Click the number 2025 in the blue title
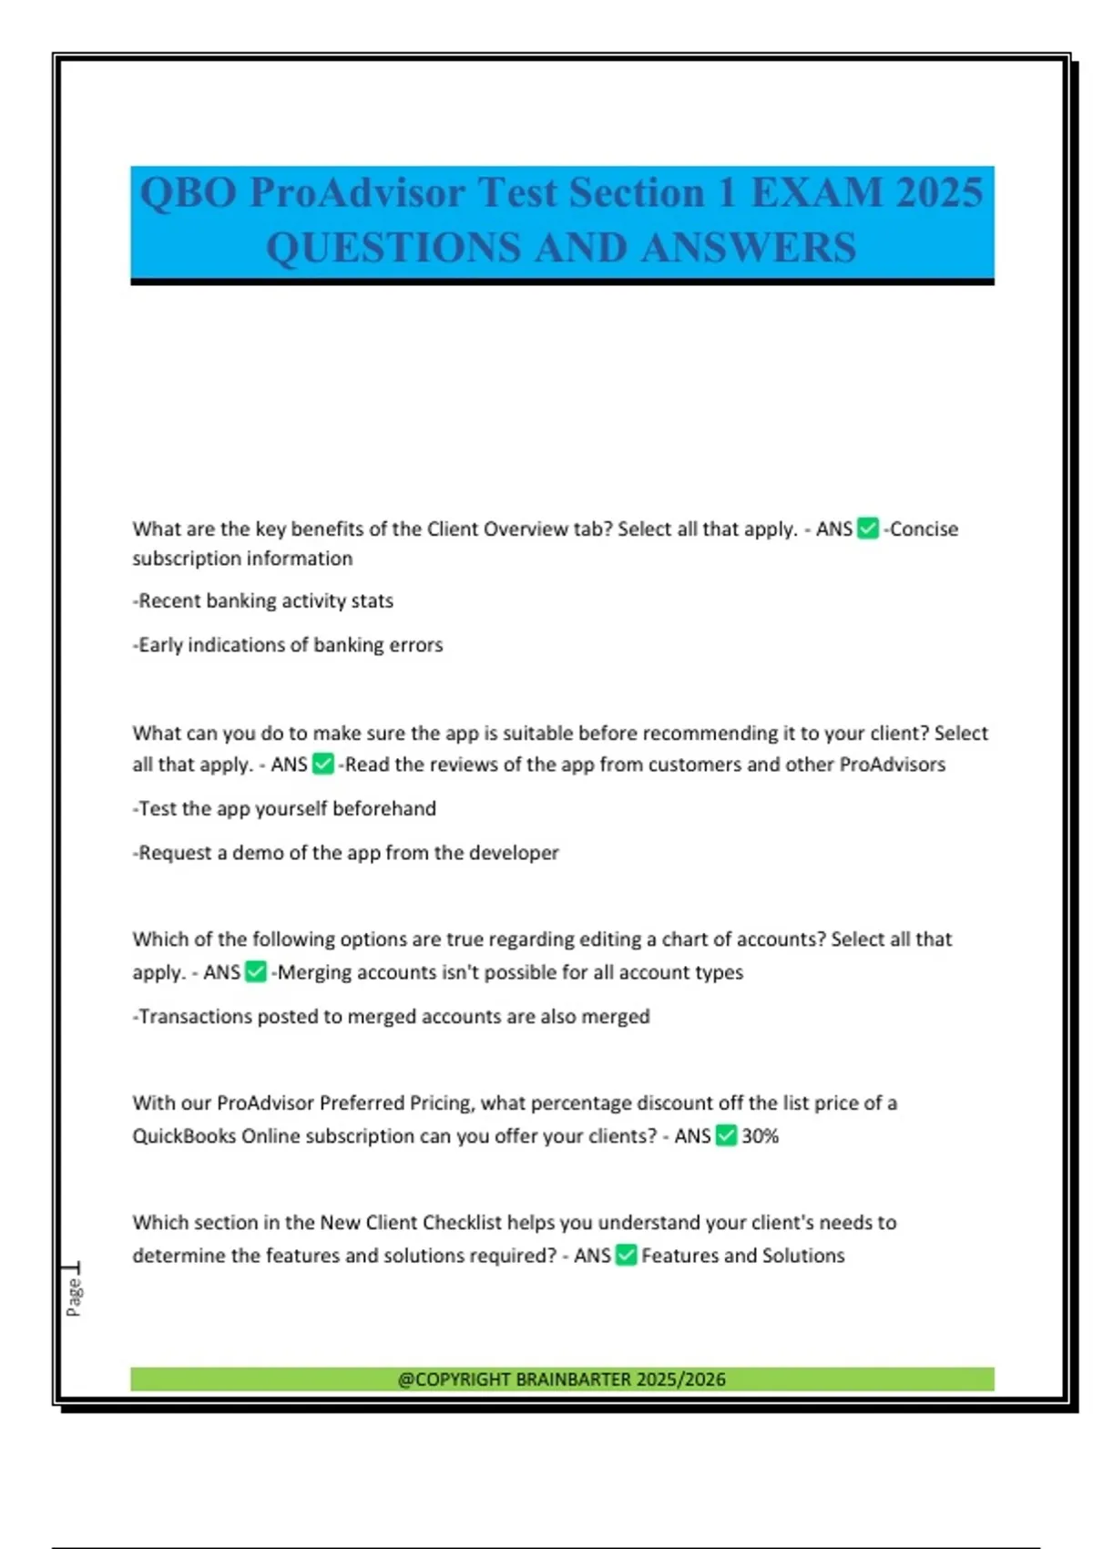(939, 193)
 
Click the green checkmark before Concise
(868, 528)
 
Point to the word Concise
(924, 529)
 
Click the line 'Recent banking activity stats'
(263, 601)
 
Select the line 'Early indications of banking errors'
(288, 645)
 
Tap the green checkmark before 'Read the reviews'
(323, 764)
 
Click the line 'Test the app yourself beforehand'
(284, 809)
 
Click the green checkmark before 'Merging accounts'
(256, 972)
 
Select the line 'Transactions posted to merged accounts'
(392, 1017)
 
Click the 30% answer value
(760, 1136)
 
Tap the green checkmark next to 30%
(726, 1135)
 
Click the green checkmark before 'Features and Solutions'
(626, 1256)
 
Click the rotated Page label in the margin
(74, 1295)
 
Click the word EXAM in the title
(817, 193)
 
